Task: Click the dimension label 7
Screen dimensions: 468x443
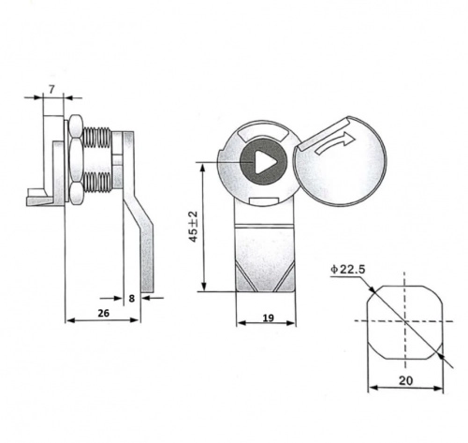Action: click(51, 89)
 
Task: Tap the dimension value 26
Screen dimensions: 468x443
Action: click(104, 313)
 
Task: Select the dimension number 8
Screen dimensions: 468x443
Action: click(132, 299)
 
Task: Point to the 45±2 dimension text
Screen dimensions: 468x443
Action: click(194, 227)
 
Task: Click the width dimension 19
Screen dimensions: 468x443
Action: click(268, 317)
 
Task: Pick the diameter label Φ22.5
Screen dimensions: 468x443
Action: click(347, 269)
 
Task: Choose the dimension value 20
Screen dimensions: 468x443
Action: click(405, 380)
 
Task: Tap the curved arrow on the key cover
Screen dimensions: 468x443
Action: click(335, 142)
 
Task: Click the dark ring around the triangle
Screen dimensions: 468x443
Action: click(246, 162)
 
